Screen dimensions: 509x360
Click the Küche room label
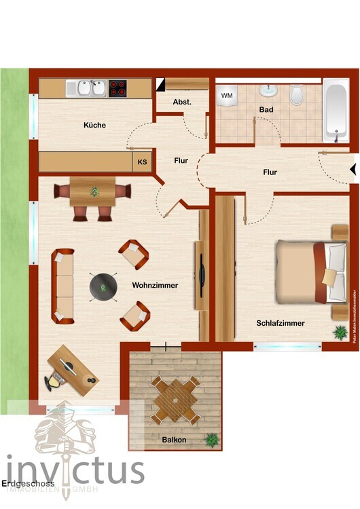click(95, 125)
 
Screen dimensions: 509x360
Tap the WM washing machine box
click(227, 96)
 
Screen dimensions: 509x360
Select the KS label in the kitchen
click(142, 162)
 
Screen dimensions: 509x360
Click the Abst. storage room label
click(182, 102)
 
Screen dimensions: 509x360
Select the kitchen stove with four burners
click(118, 88)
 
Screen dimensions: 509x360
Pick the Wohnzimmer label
click(155, 286)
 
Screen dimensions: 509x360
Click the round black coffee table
click(103, 286)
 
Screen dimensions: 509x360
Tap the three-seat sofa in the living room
click(63, 285)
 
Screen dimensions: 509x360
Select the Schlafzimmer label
click(281, 323)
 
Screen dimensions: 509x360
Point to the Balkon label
click(174, 440)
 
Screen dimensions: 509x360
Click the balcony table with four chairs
click(175, 401)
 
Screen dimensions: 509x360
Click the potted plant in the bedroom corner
click(338, 332)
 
